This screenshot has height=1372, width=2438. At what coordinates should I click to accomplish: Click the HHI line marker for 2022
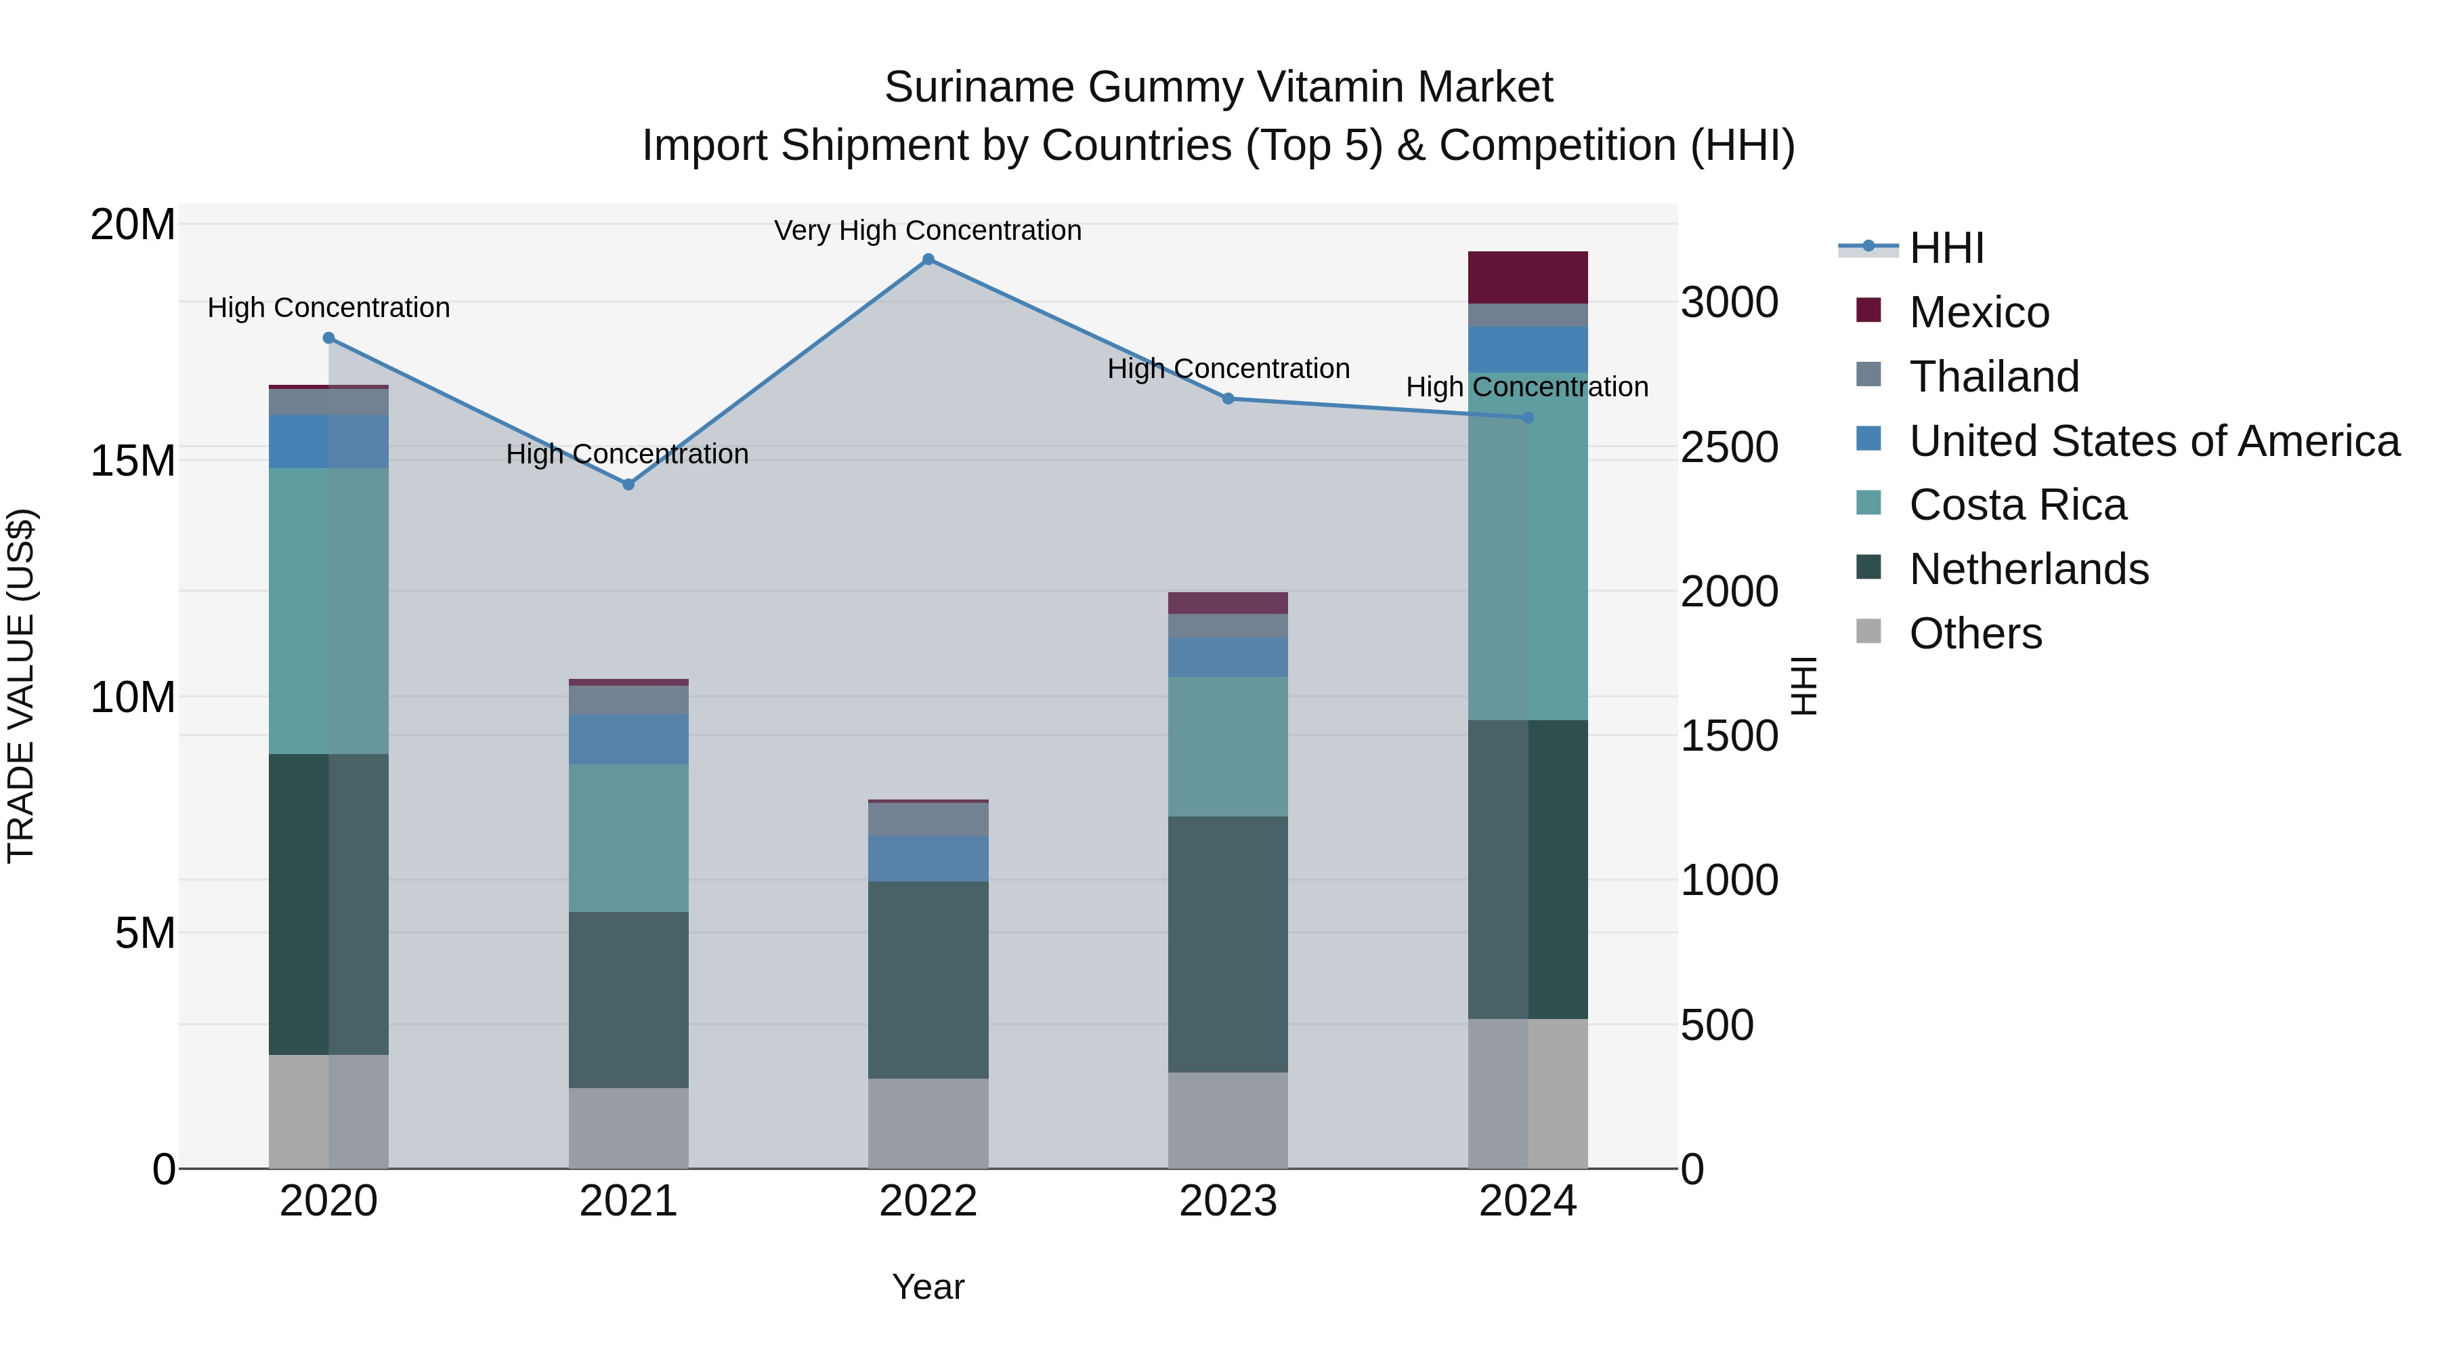[928, 259]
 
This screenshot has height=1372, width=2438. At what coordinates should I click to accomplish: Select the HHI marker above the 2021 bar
[628, 484]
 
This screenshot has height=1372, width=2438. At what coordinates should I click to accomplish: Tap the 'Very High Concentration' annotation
[928, 230]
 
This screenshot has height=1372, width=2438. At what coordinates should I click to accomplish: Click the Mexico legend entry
[1978, 312]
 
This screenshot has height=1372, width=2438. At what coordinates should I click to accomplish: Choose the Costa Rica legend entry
[2017, 505]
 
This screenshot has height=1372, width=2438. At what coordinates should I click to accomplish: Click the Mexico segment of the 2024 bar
[1528, 277]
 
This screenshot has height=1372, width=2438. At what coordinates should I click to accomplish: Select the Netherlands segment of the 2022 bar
[928, 979]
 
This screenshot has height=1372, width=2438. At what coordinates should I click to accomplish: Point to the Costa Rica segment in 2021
[628, 838]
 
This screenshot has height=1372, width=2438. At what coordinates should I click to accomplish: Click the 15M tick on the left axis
[133, 461]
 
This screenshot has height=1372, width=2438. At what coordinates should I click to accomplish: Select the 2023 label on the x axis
[1228, 1201]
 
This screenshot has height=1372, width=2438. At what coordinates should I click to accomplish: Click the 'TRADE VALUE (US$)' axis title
[21, 686]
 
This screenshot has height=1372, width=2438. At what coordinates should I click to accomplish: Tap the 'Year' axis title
[928, 1287]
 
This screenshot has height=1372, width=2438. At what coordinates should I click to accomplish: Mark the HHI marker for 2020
[328, 338]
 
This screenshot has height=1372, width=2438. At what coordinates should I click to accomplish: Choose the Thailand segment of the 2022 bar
[928, 819]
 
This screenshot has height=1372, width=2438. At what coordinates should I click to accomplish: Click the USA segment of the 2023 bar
[1228, 657]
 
